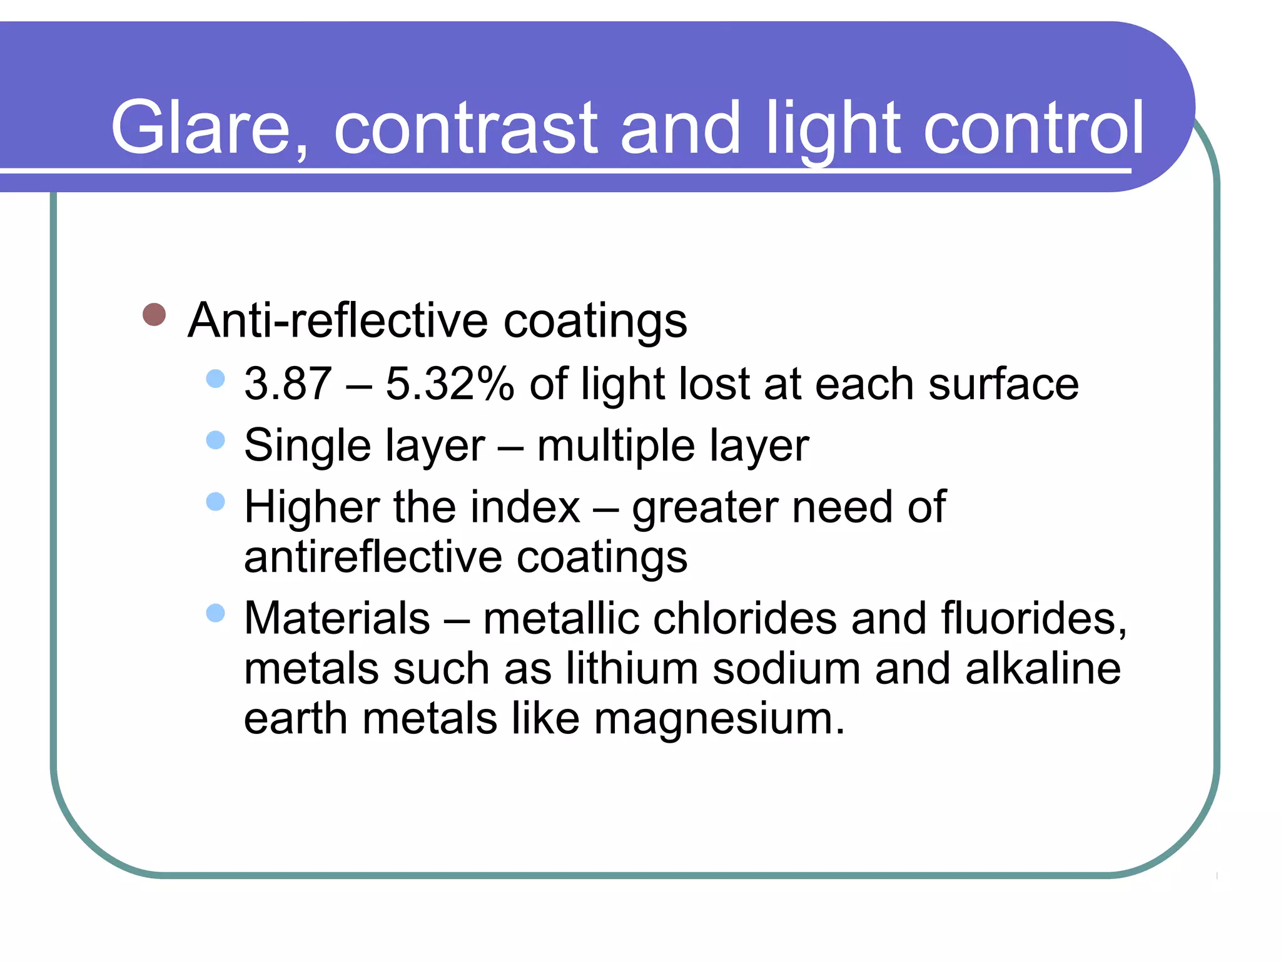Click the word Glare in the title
click(x=200, y=128)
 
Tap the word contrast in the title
click(x=466, y=128)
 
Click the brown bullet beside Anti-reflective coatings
click(x=154, y=315)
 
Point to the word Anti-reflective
click(x=338, y=320)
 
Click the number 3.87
click(x=288, y=384)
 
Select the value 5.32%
click(x=450, y=384)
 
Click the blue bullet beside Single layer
click(x=215, y=440)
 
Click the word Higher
click(x=311, y=506)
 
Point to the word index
click(x=525, y=506)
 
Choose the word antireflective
click(x=373, y=557)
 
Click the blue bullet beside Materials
click(x=215, y=613)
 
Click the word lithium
click(x=632, y=668)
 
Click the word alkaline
click(x=1043, y=668)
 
